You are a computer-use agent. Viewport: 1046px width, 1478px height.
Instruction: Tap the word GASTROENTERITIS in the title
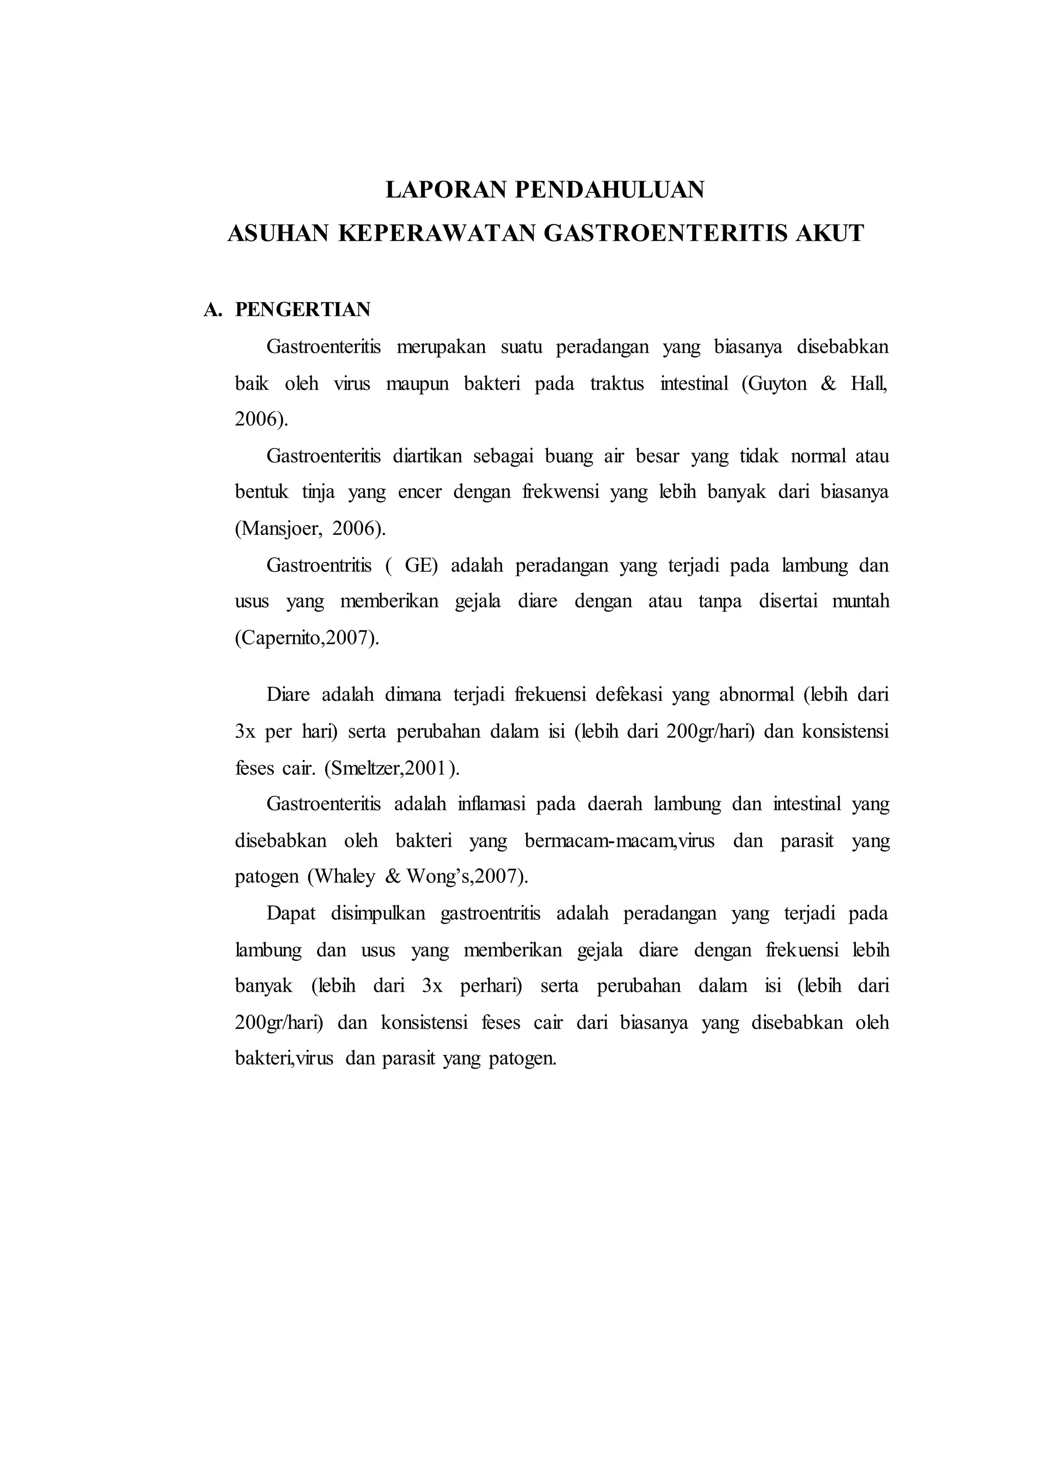666,233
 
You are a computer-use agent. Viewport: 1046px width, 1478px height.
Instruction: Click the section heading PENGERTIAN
303,310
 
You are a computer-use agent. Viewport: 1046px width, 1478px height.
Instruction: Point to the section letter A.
212,310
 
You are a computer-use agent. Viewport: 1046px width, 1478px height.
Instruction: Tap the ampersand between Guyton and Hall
828,384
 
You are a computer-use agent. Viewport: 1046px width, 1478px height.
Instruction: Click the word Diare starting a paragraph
288,695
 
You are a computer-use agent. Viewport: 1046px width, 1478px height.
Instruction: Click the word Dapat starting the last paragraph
291,914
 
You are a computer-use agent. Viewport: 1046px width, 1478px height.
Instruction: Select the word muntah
861,602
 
